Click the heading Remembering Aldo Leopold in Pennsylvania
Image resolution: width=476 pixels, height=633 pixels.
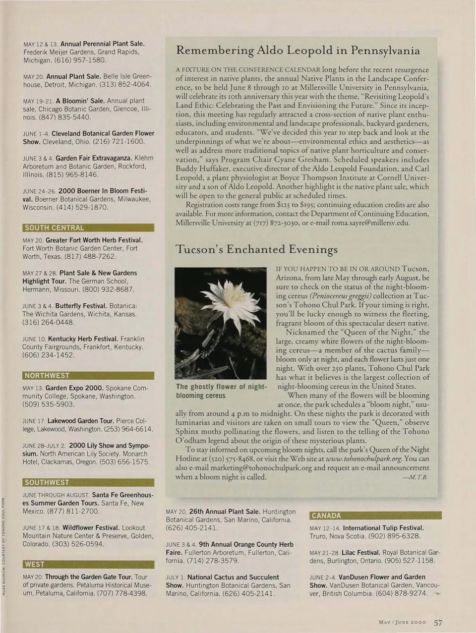pos(298,50)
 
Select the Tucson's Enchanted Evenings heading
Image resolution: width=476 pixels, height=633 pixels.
pos(256,249)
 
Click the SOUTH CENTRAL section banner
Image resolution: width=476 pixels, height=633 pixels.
pos(88,228)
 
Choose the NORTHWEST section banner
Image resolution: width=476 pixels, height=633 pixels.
pos(88,375)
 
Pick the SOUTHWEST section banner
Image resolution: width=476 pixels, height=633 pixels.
pos(88,482)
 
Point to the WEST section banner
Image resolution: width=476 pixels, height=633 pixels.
pos(88,564)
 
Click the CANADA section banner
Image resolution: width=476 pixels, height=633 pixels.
pos(375,516)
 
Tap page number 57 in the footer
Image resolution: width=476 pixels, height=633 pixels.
pos(438,623)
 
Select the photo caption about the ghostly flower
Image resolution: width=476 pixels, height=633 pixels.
pos(221,391)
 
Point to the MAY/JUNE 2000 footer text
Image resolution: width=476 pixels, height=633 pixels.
pos(402,623)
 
